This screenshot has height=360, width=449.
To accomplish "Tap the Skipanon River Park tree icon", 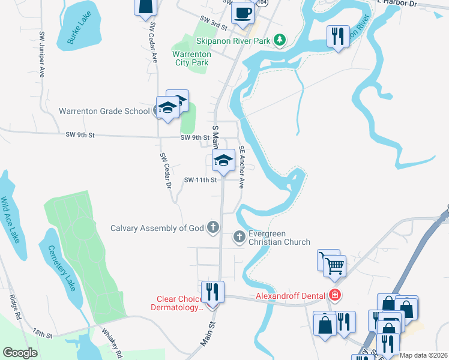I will tap(279, 40).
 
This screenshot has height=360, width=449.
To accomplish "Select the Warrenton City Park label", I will tap(192, 58).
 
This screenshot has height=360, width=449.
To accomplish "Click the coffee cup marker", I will tap(243, 12).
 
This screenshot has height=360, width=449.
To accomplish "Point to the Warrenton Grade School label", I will tap(104, 111).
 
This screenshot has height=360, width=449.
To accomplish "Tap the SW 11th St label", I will tap(200, 180).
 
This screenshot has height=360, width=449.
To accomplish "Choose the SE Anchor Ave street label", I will tap(242, 167).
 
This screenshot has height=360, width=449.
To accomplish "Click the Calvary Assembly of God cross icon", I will tap(212, 227).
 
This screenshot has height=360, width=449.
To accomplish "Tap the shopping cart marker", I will tap(336, 265).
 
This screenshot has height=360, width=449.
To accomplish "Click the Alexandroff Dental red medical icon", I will tap(334, 295).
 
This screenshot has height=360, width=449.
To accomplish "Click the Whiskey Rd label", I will tap(112, 342).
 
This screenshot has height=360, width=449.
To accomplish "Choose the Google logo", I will tap(20, 353).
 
